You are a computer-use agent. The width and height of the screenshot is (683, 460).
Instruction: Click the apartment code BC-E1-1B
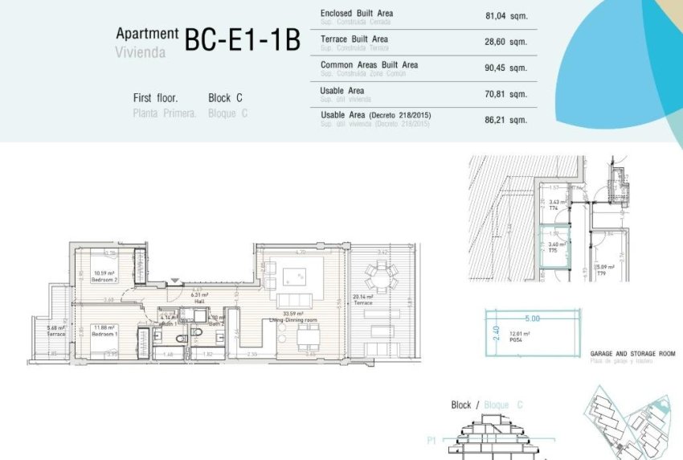[241, 39]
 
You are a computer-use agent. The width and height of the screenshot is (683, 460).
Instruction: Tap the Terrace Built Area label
[354, 39]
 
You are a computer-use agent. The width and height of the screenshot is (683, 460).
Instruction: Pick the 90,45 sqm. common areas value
[506, 68]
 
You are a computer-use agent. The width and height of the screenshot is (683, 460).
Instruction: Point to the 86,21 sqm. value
[506, 120]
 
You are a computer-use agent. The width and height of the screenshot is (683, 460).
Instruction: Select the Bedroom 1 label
[104, 334]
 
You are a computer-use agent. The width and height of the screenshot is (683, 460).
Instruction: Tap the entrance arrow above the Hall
[175, 280]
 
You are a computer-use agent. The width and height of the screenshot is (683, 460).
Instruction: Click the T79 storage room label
[601, 273]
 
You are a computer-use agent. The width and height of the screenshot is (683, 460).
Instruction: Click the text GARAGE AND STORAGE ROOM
[632, 354]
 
